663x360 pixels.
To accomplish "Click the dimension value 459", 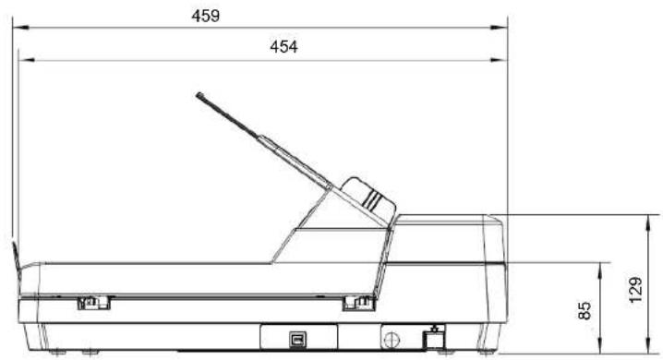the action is (x=206, y=16).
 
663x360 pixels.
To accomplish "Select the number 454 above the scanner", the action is (x=283, y=46).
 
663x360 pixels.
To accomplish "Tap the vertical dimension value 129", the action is (x=635, y=290).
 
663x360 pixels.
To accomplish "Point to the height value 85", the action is (x=585, y=310).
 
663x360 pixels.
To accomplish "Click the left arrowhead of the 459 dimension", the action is (x=20, y=28).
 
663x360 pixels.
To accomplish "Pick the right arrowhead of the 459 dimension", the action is (x=499, y=28).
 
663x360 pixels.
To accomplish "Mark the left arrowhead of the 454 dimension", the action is (x=27, y=60).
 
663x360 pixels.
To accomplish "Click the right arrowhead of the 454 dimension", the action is (x=499, y=60).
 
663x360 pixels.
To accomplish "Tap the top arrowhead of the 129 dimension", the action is (x=648, y=222).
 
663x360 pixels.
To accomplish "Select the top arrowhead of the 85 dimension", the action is (x=600, y=270).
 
